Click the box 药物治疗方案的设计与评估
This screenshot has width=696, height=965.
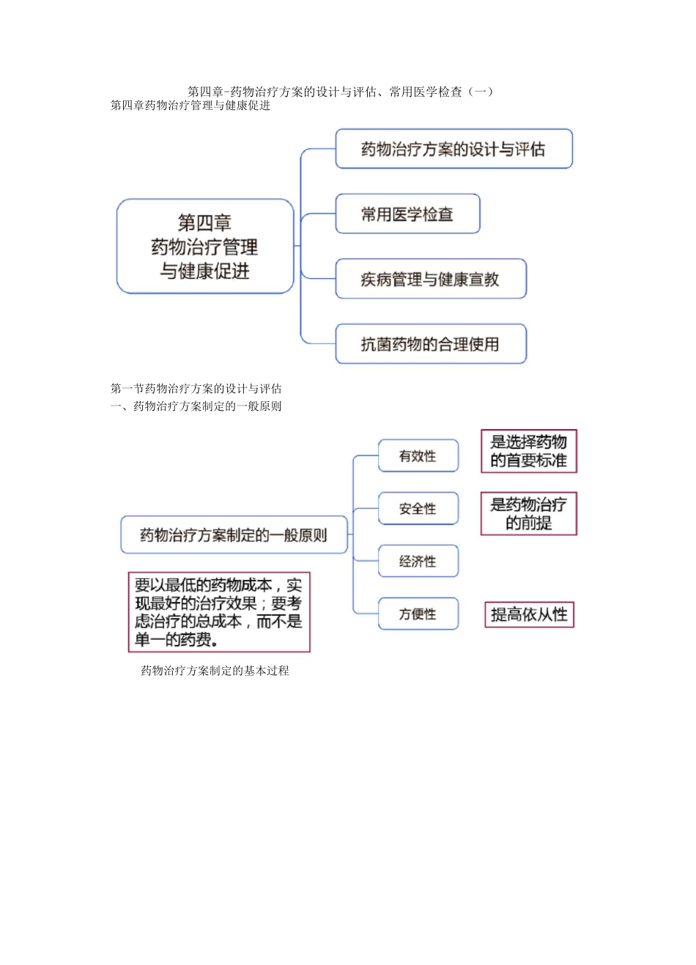click(x=453, y=149)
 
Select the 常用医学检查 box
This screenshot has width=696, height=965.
click(x=407, y=215)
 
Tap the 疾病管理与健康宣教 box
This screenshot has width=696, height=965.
click(x=431, y=279)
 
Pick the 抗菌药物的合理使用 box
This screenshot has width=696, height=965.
click(x=431, y=344)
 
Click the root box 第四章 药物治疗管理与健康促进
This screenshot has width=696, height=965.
click(x=205, y=247)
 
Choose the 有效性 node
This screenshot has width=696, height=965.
click(x=418, y=456)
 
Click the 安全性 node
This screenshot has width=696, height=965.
click(x=418, y=509)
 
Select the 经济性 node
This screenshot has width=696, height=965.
click(x=418, y=562)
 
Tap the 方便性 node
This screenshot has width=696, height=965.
click(x=418, y=614)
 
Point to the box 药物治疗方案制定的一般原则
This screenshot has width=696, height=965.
click(x=234, y=535)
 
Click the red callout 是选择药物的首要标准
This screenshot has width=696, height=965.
click(x=528, y=451)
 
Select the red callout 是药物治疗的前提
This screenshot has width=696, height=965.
click(x=528, y=513)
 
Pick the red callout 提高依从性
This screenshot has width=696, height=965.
click(x=529, y=614)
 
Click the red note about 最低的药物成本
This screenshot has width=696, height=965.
click(x=219, y=612)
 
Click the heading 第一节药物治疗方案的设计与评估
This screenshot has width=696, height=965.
click(x=196, y=389)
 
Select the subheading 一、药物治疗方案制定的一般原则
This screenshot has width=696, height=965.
click(x=196, y=406)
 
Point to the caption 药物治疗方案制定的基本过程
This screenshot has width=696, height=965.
click(x=215, y=671)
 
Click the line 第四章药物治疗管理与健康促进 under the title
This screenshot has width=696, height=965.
click(x=190, y=105)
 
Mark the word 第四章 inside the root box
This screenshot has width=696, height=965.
click(x=204, y=223)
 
